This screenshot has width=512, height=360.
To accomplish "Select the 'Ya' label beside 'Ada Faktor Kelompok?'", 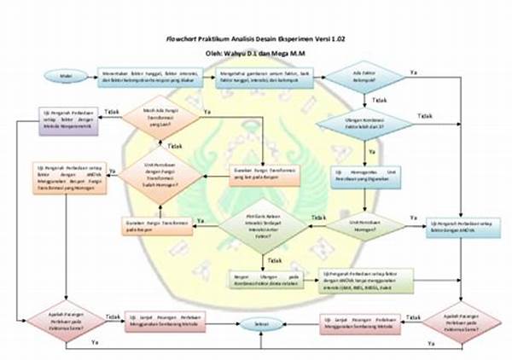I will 413,73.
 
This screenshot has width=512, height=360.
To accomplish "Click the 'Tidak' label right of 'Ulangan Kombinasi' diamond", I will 424,115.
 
